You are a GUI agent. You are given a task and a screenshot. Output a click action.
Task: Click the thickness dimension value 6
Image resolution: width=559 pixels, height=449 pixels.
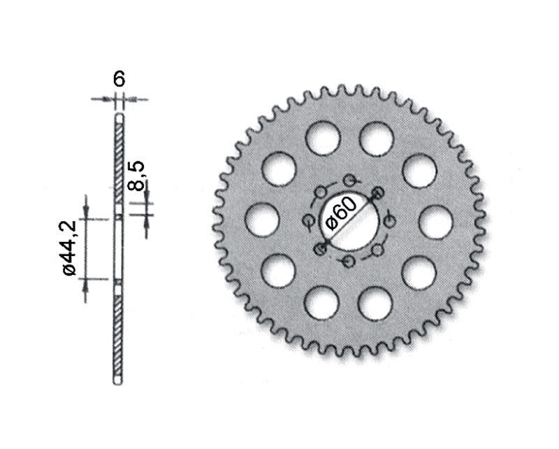[x=119, y=79]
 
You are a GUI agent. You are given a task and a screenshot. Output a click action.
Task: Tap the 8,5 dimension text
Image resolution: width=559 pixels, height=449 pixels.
[x=137, y=176]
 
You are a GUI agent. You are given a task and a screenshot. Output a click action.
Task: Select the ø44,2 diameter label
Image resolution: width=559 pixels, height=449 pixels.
[x=70, y=249]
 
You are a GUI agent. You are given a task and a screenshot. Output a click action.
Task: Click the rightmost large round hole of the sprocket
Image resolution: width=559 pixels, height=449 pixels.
[x=436, y=222]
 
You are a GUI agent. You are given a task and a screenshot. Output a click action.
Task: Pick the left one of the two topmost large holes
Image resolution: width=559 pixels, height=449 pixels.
[x=323, y=137]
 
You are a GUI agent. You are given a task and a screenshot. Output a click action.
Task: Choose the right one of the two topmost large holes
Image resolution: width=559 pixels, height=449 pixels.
[x=377, y=138]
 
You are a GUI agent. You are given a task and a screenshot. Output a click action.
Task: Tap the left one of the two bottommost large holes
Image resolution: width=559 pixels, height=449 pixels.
[x=322, y=303]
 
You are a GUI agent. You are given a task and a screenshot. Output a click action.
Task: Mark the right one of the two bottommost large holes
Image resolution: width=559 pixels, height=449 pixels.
[x=376, y=304]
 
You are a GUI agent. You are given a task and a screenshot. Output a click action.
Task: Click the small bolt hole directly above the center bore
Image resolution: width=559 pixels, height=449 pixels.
[x=349, y=180]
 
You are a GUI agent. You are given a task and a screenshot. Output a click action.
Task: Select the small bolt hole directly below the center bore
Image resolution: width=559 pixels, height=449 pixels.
[x=349, y=262]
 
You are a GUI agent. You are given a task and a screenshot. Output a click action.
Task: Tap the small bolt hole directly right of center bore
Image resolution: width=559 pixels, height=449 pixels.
[x=390, y=221]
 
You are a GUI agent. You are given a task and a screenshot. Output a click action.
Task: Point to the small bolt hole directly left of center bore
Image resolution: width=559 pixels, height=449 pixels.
[x=309, y=221]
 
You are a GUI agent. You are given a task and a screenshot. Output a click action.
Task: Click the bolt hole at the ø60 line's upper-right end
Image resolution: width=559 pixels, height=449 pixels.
[x=378, y=192]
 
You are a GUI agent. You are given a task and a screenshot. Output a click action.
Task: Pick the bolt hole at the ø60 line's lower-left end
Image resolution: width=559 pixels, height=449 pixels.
[x=320, y=249]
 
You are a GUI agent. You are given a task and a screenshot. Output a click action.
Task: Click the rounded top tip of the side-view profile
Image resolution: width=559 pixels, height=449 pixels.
[x=119, y=114]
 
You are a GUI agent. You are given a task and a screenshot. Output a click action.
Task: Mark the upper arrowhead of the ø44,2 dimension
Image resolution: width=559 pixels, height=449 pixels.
[x=86, y=213]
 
